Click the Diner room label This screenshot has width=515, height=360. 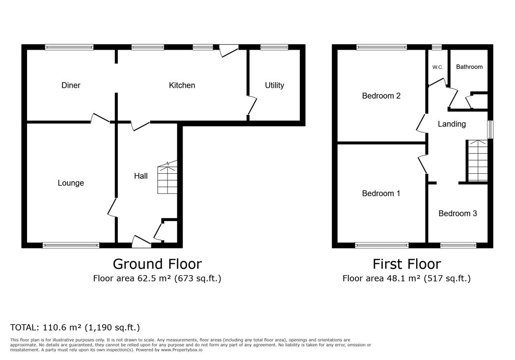71,85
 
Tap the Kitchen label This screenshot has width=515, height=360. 182,85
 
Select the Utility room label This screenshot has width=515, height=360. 275,85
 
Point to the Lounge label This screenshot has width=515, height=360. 71,183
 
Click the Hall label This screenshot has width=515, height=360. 141,176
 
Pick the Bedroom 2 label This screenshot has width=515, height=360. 381,96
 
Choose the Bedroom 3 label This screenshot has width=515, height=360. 458,214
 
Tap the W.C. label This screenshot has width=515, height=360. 437,67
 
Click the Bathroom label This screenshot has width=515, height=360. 469,67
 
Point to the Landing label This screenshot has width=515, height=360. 452,124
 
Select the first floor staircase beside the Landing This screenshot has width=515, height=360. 477,161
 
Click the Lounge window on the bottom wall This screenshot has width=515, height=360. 71,245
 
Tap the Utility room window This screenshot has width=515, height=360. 274,47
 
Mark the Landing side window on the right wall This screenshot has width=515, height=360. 490,129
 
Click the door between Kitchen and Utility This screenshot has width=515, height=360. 252,105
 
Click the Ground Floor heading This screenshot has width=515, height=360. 157,264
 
